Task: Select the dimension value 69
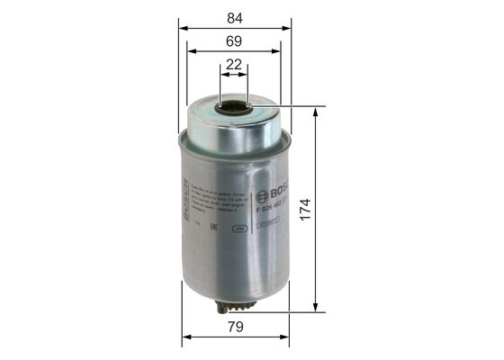(234, 40)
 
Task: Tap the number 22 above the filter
(234, 65)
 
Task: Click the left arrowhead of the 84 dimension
(184, 27)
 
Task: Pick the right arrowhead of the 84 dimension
(287, 27)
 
